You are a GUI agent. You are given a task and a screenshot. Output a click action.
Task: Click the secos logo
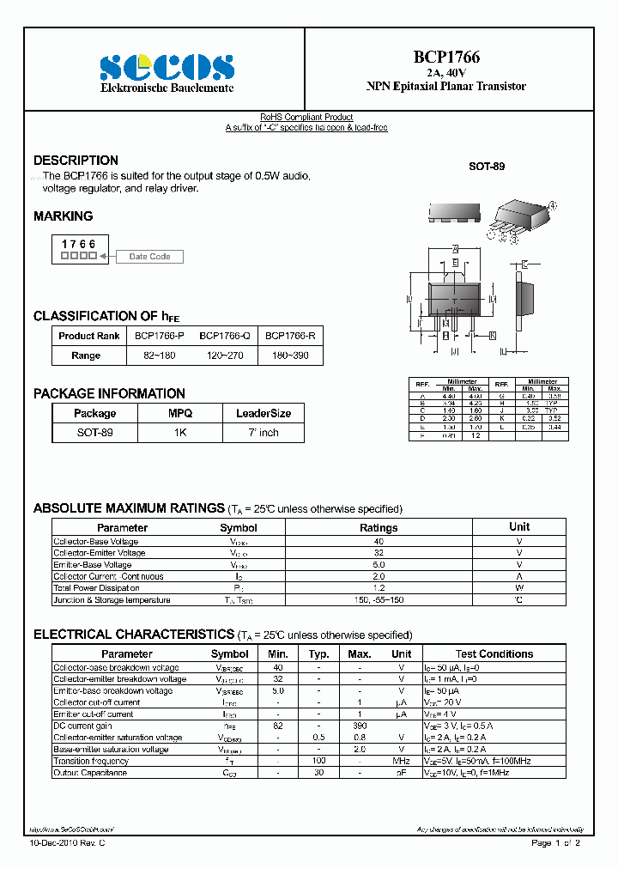tap(167, 67)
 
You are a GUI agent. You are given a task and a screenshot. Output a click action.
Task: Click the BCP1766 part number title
tap(446, 58)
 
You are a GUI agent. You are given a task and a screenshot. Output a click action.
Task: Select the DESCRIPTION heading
tap(76, 161)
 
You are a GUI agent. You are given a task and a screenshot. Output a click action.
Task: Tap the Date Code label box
tap(149, 257)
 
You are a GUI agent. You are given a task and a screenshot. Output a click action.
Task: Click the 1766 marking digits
tap(78, 245)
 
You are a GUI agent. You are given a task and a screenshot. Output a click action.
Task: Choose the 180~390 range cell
tap(291, 355)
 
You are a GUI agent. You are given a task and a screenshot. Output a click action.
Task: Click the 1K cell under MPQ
tap(179, 433)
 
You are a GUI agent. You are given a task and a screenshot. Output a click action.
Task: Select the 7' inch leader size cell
tap(263, 433)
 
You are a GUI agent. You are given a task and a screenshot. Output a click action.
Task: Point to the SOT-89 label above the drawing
tap(486, 166)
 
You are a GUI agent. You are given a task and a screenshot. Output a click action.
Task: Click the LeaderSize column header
tap(263, 413)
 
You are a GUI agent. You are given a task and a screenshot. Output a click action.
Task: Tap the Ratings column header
tap(378, 528)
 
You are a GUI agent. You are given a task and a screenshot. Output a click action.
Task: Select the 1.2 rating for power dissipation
tap(378, 588)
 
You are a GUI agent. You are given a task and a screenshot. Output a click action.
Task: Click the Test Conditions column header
tap(494, 654)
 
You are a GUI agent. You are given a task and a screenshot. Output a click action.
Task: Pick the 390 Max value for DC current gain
tap(360, 726)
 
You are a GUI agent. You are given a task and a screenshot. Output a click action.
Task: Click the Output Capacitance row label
tap(90, 773)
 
